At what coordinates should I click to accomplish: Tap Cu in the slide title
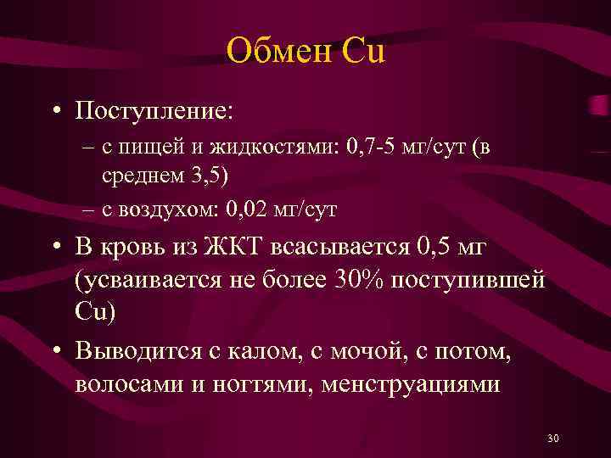point(362,52)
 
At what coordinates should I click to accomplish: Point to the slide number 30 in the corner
point(553,438)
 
